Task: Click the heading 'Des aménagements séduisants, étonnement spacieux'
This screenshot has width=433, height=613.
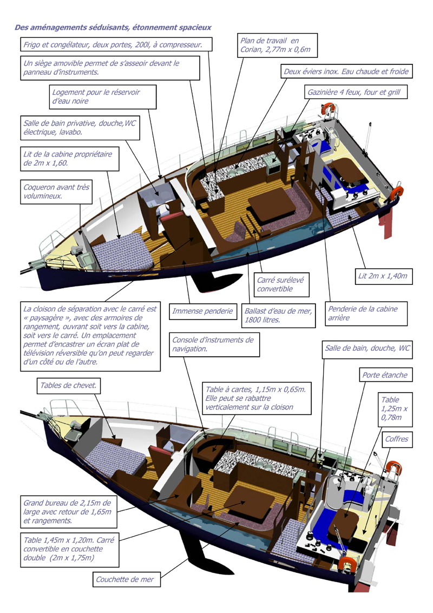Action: (113, 27)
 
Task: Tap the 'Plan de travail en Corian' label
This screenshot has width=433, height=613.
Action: (276, 45)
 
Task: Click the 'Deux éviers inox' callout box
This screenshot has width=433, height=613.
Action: (345, 71)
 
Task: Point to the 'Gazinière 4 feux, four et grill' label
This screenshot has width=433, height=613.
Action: (354, 93)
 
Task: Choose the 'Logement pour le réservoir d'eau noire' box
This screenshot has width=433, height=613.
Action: (102, 96)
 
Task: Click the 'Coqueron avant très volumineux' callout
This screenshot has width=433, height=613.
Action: (55, 192)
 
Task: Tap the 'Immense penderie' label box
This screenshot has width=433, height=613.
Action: (202, 311)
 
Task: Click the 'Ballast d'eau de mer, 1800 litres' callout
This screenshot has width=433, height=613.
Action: (278, 316)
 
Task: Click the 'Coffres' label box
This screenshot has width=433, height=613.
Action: (396, 440)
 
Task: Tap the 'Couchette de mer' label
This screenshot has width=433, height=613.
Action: (125, 579)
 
